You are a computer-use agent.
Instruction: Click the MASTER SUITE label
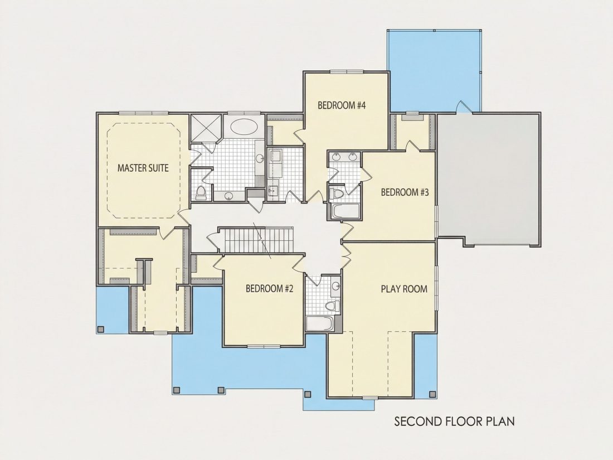pyautogui.click(x=143, y=168)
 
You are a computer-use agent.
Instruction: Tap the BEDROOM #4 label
pyautogui.click(x=341, y=105)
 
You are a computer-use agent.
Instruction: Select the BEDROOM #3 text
pyautogui.click(x=405, y=192)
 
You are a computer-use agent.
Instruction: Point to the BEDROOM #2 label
pyautogui.click(x=269, y=289)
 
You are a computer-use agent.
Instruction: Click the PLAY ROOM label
pyautogui.click(x=404, y=289)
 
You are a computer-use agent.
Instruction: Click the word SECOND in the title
pyautogui.click(x=418, y=422)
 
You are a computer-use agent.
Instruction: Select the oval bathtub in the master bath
pyautogui.click(x=244, y=127)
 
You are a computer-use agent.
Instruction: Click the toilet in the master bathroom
pyautogui.click(x=201, y=193)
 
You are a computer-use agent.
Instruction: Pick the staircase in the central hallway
pyautogui.click(x=259, y=240)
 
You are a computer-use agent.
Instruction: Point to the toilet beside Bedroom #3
pyautogui.click(x=336, y=193)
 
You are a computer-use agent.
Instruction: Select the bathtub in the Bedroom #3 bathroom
pyautogui.click(x=345, y=211)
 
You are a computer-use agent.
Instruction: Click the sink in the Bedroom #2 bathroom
pyautogui.click(x=335, y=286)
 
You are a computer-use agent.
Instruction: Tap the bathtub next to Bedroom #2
pyautogui.click(x=319, y=323)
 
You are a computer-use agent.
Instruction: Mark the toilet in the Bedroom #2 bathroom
pyautogui.click(x=332, y=306)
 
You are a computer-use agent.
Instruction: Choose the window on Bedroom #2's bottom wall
pyautogui.click(x=264, y=346)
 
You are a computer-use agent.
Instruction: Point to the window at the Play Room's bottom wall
pyautogui.click(x=370, y=398)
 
